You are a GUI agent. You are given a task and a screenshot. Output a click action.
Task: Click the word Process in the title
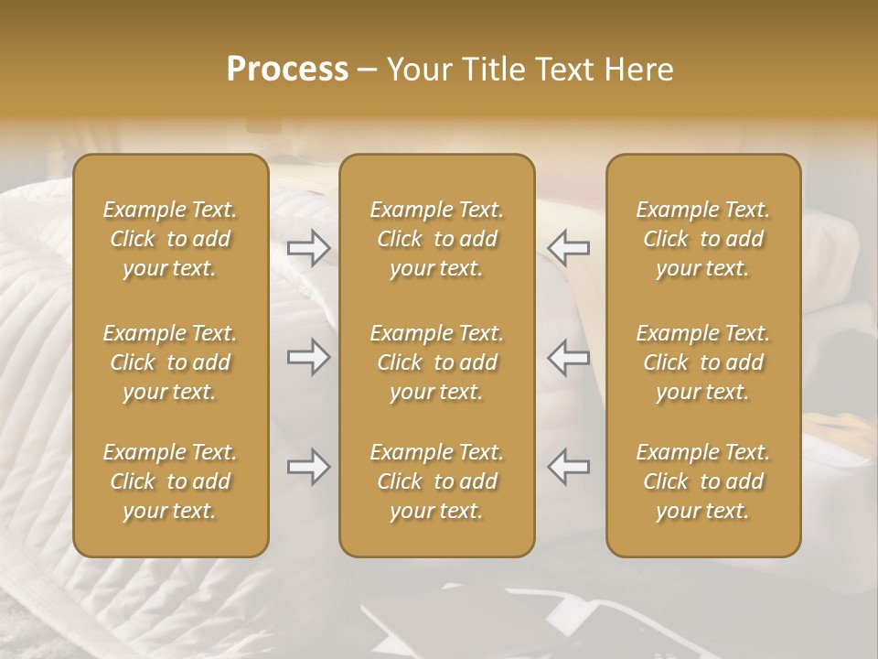click(x=287, y=70)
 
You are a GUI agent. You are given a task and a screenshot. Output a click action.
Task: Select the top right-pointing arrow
click(x=309, y=247)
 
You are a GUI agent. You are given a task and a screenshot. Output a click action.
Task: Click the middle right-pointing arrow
click(x=309, y=357)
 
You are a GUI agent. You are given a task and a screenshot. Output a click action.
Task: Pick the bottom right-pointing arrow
click(x=309, y=467)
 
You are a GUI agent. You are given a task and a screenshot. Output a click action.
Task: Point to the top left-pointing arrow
click(x=568, y=247)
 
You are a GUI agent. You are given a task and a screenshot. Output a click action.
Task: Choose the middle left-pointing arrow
click(x=568, y=357)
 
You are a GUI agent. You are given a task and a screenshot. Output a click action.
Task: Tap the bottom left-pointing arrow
click(x=568, y=467)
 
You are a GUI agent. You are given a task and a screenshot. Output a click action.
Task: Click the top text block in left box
click(x=170, y=239)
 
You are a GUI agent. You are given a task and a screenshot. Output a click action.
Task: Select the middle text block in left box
click(x=170, y=362)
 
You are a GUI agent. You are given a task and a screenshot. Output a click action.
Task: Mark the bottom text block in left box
click(x=170, y=481)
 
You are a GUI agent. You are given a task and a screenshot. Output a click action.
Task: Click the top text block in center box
click(x=437, y=239)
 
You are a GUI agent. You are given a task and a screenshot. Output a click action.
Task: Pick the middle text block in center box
click(x=437, y=362)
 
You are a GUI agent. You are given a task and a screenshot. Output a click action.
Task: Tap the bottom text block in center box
click(x=437, y=481)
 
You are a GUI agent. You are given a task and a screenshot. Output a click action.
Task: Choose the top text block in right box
click(x=703, y=239)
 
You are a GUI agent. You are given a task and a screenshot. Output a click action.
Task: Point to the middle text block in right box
click(x=703, y=362)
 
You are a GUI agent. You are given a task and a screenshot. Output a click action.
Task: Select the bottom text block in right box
click(x=703, y=481)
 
